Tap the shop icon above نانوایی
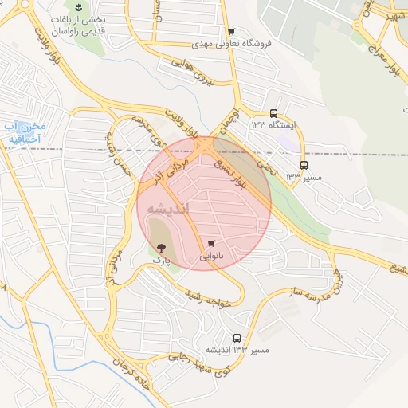210,244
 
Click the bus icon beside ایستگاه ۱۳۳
274,114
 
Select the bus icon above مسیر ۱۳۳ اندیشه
237,338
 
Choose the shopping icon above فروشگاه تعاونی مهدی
231,32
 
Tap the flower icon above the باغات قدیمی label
78,8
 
